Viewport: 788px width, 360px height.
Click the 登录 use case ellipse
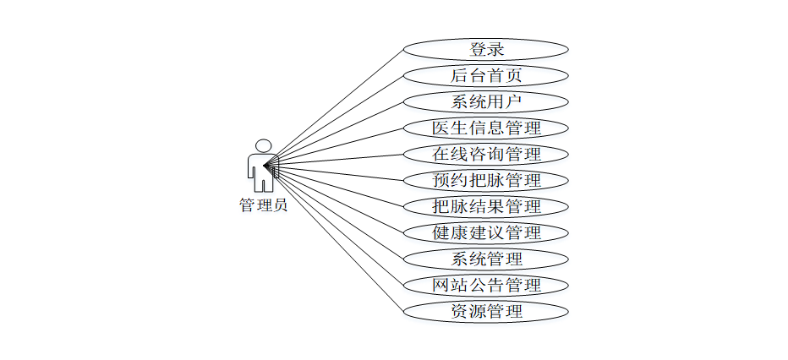point(486,49)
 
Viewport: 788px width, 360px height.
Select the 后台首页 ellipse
point(486,75)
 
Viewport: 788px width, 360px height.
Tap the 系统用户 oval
point(486,101)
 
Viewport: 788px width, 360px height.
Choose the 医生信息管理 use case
point(486,128)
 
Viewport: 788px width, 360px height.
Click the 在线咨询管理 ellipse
point(486,154)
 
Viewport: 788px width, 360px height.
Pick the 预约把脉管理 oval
point(486,180)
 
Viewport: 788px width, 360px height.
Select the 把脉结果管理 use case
point(486,206)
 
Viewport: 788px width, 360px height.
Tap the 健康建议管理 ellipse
point(486,232)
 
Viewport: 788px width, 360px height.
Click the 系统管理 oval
point(486,259)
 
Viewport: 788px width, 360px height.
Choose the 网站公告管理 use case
point(486,285)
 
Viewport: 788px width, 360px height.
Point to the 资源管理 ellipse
point(486,311)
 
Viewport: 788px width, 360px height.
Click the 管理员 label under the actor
point(263,205)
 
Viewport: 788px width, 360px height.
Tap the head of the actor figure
point(264,145)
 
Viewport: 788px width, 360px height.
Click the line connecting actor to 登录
point(338,104)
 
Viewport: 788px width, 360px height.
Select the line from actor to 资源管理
point(338,238)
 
